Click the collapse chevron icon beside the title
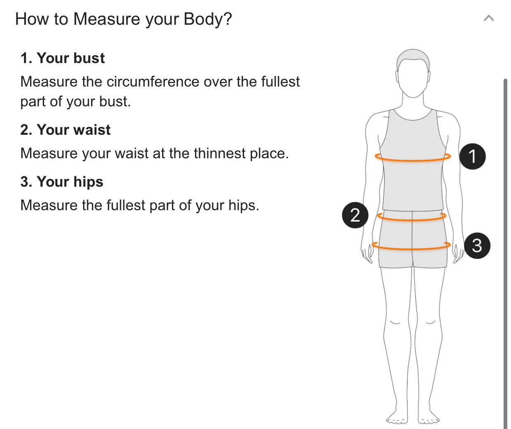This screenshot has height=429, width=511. point(489,19)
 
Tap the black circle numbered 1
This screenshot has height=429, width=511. point(472,157)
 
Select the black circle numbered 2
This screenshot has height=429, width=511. point(355,215)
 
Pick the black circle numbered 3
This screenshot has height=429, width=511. point(477,246)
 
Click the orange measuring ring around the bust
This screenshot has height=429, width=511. point(413,161)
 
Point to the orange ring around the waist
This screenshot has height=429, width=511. point(412,220)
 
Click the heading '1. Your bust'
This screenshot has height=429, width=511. point(63,58)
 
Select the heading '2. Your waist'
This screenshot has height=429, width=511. point(65,130)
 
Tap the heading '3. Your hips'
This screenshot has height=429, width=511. point(62,182)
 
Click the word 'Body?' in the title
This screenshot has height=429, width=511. point(207,19)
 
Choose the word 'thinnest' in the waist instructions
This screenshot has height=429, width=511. point(220,153)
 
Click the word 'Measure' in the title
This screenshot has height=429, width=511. point(107,19)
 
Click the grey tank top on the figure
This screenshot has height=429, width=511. point(413,171)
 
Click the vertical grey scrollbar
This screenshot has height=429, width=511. point(505,254)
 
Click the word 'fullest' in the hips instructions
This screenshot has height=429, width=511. point(126,205)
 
